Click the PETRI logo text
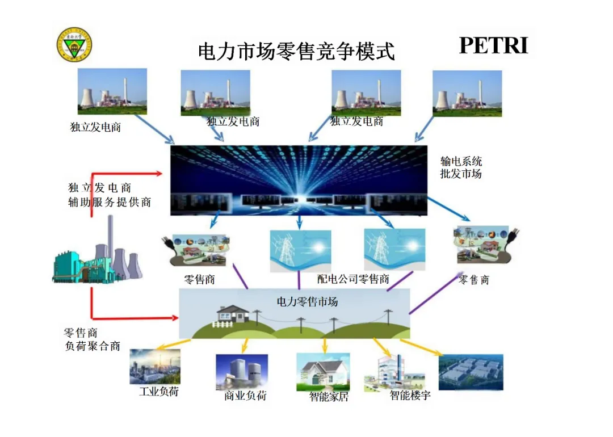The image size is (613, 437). click(493, 46)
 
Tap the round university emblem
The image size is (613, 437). click(74, 45)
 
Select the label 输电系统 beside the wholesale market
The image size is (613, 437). click(461, 161)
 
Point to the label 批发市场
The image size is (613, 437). click(461, 174)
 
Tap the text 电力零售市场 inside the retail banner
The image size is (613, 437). click(307, 301)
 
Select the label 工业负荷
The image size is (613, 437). click(158, 392)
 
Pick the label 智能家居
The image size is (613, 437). click(328, 397)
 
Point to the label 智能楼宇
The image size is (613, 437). click(410, 395)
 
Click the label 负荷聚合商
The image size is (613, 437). click(93, 346)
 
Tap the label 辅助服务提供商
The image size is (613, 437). click(110, 201)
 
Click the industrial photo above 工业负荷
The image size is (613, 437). click(155, 366)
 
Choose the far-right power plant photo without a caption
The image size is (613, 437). click(467, 93)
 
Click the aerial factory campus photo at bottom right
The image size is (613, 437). click(471, 372)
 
